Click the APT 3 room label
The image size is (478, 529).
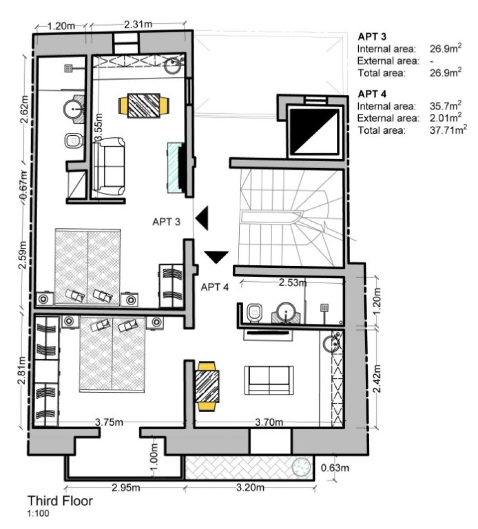coord(167,221)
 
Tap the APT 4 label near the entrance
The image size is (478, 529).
coord(215,287)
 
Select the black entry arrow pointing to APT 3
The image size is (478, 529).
coord(203,218)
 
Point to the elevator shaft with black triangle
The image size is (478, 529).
coord(314,131)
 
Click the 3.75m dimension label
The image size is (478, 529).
coord(109,422)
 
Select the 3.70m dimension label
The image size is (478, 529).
coord(270,422)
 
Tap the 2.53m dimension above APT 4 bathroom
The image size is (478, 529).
coord(293,283)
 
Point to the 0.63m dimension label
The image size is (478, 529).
coord(335,467)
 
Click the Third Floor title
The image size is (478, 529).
coord(60,501)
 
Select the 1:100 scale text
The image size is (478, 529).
coord(38,514)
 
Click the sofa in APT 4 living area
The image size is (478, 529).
coord(269,380)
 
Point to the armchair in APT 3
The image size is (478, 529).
coord(109,167)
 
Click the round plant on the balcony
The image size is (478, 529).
coord(301,467)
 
